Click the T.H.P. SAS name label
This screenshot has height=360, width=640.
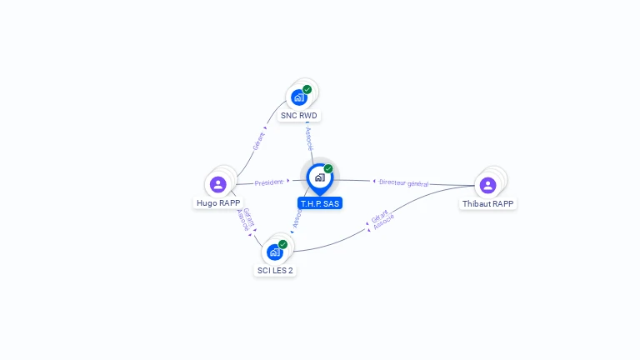coord(320,203)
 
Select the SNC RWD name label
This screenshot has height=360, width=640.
coord(298,116)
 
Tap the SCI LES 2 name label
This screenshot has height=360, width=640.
coord(275,270)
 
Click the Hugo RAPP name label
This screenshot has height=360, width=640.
coord(218,202)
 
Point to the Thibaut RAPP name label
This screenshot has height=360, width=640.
coord(488,203)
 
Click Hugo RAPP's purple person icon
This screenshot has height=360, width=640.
coord(218,184)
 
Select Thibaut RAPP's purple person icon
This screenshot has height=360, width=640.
coord(488,184)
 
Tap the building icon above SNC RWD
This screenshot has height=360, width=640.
coord(299,97)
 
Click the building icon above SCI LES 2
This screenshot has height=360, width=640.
coord(274,252)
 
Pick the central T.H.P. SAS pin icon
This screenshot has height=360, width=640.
coord(319,177)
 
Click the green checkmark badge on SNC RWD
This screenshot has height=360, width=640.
coord(307,89)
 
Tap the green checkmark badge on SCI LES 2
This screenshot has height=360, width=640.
coord(283,244)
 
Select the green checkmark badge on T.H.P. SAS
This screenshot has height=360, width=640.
coord(328,168)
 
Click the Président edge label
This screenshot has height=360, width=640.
coord(269,182)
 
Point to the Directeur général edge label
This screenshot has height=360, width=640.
coord(402,182)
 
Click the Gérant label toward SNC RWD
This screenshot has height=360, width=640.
coord(259,140)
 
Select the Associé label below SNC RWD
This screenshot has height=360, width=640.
coord(309,137)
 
